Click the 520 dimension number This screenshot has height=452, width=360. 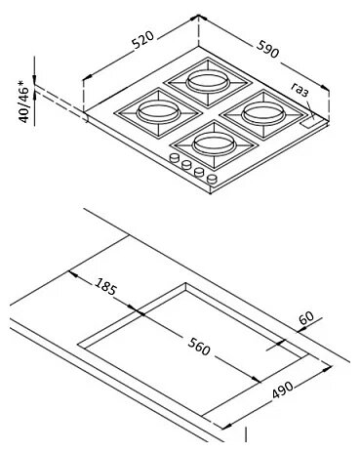142,40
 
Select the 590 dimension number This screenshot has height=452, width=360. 267,49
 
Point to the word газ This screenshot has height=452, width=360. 300,90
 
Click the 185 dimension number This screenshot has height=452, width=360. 105,286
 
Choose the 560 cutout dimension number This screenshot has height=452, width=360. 199,347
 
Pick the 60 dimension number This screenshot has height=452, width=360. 306,318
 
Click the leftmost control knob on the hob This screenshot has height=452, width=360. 175,158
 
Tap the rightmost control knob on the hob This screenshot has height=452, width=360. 212,179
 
